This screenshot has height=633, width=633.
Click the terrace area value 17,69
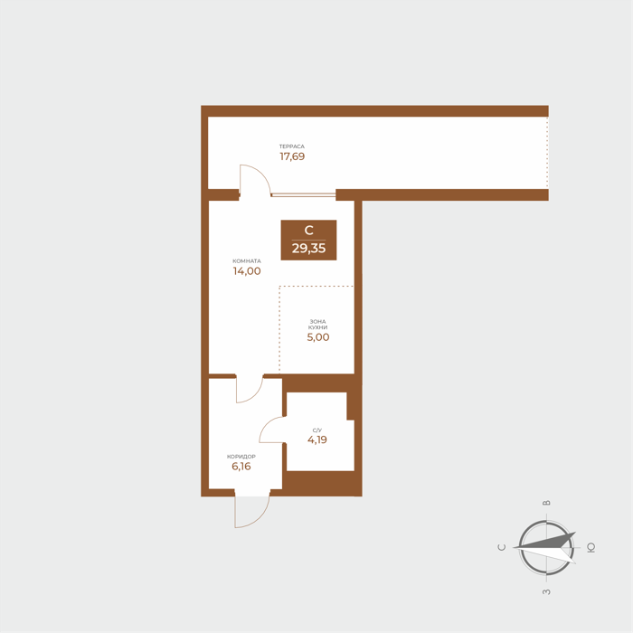[x=292, y=156]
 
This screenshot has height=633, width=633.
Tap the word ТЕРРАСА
[x=292, y=146]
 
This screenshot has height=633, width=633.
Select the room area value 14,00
[x=247, y=271]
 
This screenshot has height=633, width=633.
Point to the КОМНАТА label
[x=247, y=260]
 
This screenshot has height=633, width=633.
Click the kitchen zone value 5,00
[x=318, y=337]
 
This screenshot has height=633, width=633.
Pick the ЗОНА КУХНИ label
[x=317, y=324]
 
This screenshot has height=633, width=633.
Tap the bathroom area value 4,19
[x=317, y=439]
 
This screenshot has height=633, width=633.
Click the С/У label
[x=317, y=430]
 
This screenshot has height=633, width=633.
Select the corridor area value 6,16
[x=241, y=467]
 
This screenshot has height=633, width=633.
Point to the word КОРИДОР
[x=241, y=457]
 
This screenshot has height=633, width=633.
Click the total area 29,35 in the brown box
[x=309, y=249]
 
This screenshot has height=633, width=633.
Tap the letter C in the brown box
[x=309, y=230]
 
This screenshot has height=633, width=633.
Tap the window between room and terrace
[x=303, y=195]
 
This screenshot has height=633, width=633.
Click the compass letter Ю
[x=591, y=548]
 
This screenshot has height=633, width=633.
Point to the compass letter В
[x=546, y=503]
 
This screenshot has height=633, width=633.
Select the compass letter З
[x=546, y=591]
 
